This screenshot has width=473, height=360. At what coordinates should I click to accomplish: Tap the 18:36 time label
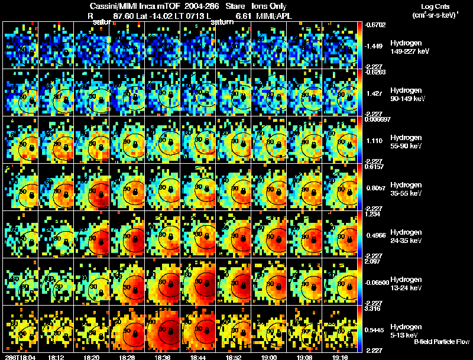pyautogui.click(x=163, y=357)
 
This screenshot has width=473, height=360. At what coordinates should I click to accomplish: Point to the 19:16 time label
pyautogui.click(x=341, y=357)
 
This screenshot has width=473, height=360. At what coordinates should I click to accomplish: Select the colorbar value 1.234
pyautogui.click(x=371, y=214)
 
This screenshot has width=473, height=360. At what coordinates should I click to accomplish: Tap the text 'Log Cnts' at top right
pyautogui.click(x=433, y=5)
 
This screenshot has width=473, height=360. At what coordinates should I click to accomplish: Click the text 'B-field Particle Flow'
pyautogui.click(x=442, y=342)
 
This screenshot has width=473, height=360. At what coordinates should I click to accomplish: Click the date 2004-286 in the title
pyautogui.click(x=202, y=5)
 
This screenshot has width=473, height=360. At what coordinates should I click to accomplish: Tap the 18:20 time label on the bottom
pyautogui.click(x=91, y=357)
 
